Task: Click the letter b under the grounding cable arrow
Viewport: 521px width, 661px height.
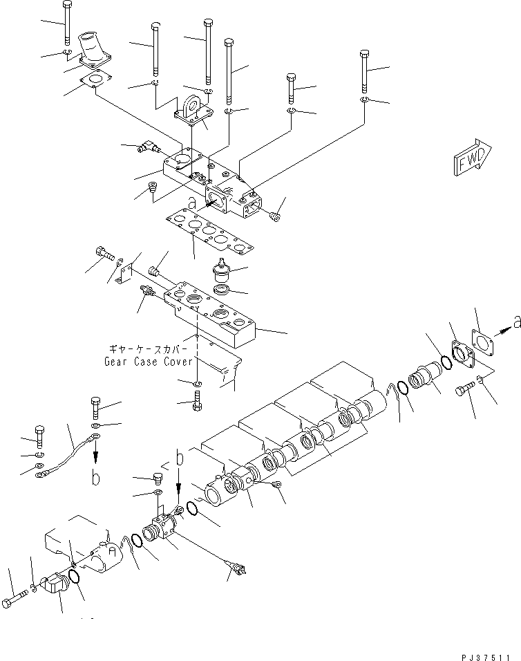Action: [95, 478]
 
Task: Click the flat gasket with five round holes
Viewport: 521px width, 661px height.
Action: [207, 232]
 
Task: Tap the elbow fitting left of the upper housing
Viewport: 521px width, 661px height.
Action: [147, 146]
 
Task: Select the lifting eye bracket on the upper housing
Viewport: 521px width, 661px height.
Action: [193, 110]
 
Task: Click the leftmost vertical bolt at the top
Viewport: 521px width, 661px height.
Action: [66, 23]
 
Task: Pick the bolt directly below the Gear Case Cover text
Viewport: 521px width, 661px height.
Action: [199, 400]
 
